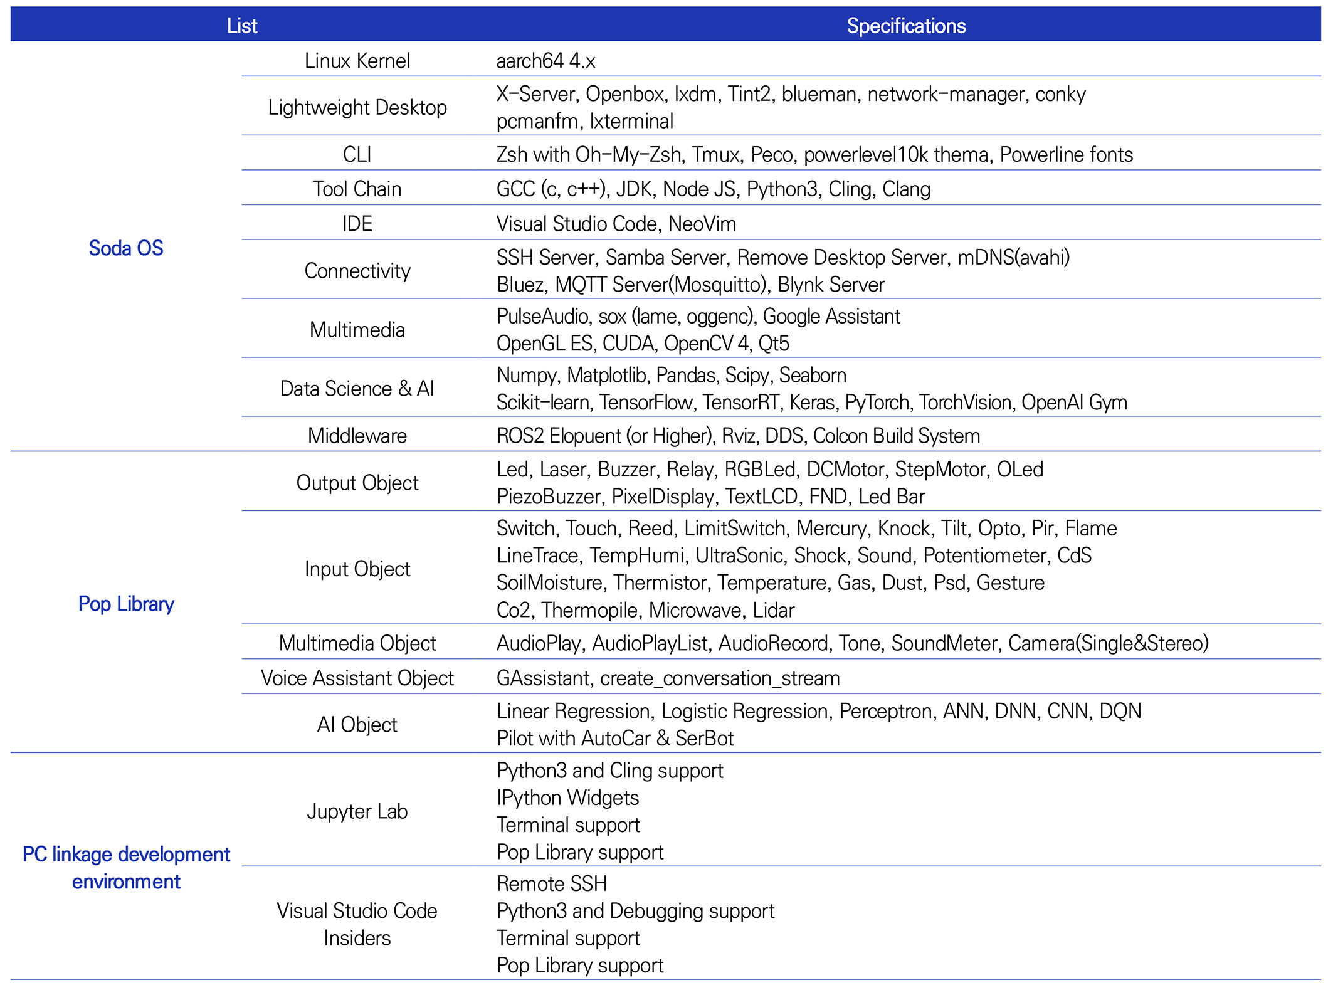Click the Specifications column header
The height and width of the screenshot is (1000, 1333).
click(x=906, y=26)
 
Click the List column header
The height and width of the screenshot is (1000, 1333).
click(x=242, y=26)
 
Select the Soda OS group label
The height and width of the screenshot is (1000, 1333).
click(x=126, y=248)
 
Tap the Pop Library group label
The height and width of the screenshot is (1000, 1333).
click(x=126, y=604)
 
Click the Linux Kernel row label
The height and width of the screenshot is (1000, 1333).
click(x=357, y=61)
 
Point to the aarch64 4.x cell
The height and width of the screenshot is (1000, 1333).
click(x=545, y=61)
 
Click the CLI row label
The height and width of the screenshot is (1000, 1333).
click(x=357, y=154)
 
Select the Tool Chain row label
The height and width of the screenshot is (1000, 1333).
click(x=357, y=189)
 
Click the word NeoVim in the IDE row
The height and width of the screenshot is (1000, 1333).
click(x=702, y=224)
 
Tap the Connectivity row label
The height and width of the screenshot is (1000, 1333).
click(x=357, y=271)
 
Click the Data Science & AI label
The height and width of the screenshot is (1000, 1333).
click(x=357, y=389)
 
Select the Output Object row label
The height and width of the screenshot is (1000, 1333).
click(x=357, y=483)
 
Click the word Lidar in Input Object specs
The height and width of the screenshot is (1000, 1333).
click(x=774, y=610)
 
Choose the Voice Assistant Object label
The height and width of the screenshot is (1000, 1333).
click(x=357, y=678)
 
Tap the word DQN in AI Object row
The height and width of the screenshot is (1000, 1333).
click(x=1120, y=711)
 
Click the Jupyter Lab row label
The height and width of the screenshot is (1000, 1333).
click(x=357, y=811)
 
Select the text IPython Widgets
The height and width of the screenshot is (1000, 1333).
click(x=567, y=797)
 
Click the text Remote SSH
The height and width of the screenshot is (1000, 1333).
click(x=552, y=883)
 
